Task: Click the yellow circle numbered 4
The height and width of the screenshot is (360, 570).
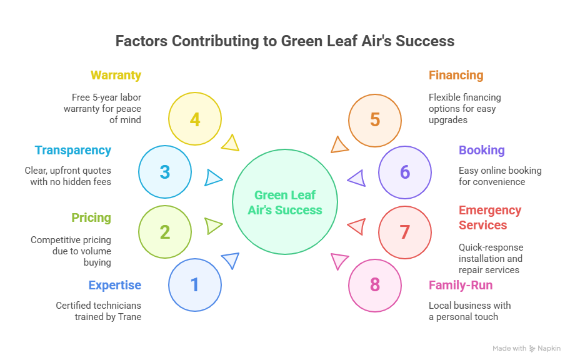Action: pyautogui.click(x=195, y=119)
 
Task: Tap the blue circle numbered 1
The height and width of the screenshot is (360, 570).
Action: pyautogui.click(x=195, y=285)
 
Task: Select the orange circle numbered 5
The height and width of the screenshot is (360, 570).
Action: pyautogui.click(x=374, y=119)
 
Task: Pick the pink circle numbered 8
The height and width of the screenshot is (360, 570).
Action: pyautogui.click(x=374, y=285)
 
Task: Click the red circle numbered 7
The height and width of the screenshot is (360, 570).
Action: pyautogui.click(x=404, y=232)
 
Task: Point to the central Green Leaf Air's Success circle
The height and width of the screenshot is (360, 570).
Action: pyautogui.click(x=285, y=202)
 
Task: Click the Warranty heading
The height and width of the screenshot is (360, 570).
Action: pyautogui.click(x=116, y=76)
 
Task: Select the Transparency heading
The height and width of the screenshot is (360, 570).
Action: pyautogui.click(x=73, y=151)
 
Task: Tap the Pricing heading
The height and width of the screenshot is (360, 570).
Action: pyautogui.click(x=91, y=218)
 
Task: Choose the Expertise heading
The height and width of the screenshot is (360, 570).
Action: pyautogui.click(x=115, y=286)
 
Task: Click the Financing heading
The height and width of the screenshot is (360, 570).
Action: pyautogui.click(x=456, y=76)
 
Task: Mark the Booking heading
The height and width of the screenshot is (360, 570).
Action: pyautogui.click(x=481, y=151)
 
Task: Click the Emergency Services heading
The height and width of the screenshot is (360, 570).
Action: pyautogui.click(x=489, y=218)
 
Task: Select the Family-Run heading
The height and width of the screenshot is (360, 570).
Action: pyautogui.click(x=460, y=286)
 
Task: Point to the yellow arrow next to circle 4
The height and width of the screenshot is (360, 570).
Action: pyautogui.click(x=231, y=143)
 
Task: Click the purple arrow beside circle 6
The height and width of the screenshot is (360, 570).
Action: pyautogui.click(x=357, y=179)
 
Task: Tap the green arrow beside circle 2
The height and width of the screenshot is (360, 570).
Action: pyautogui.click(x=213, y=226)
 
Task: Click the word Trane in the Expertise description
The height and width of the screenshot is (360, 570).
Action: pyautogui.click(x=129, y=317)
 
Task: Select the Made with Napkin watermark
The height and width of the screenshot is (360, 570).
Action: pyautogui.click(x=526, y=349)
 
